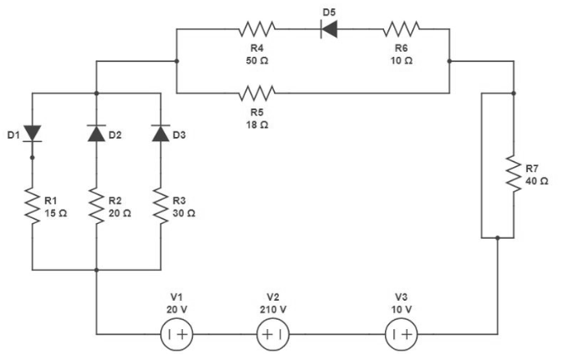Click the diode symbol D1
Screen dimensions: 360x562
tap(33, 134)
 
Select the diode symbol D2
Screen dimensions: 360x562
tap(97, 134)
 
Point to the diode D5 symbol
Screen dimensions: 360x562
tap(329, 30)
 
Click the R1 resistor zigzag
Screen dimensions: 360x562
tap(33, 205)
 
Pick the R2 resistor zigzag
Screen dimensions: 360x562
tap(97, 205)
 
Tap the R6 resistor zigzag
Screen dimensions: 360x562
tap(402, 30)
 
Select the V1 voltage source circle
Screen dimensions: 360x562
tap(175, 334)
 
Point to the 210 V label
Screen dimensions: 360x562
tap(273, 309)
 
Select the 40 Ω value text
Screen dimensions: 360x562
tap(536, 181)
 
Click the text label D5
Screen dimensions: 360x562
tap(330, 11)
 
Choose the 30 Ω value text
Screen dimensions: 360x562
tap(184, 213)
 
